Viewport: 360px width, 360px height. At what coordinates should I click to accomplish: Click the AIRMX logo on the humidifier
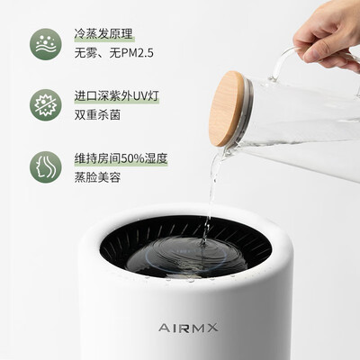pos(188,328)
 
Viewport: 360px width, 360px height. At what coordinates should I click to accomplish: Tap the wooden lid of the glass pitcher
pos(227,109)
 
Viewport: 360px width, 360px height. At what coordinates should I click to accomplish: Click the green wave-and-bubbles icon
pos(46,44)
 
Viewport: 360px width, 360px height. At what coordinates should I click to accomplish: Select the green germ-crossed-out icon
pos(46,105)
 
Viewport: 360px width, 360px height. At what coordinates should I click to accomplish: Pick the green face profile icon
pos(46,167)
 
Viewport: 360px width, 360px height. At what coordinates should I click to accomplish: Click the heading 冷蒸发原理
pos(103,34)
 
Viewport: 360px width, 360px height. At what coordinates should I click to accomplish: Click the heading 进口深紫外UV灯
pos(117,96)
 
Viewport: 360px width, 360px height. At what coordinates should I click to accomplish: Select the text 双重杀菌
pos(97,115)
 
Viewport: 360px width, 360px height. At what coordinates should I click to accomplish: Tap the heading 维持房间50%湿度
pos(121,158)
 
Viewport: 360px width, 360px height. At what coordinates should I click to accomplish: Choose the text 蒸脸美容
pos(97,177)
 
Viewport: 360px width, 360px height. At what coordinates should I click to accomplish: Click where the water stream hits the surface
pos(204,244)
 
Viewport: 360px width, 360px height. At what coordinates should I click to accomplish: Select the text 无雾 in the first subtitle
pos(85,53)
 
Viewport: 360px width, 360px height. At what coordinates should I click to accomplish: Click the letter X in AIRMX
pos(212,328)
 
